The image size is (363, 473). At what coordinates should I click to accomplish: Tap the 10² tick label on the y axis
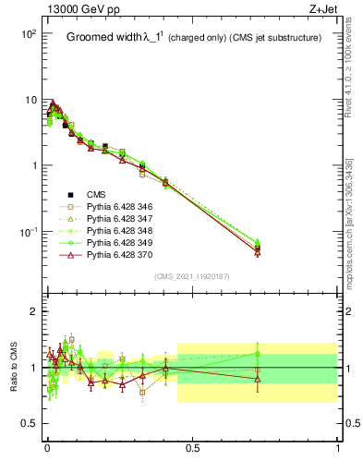point(26,33)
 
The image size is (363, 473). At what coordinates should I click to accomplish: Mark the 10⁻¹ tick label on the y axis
point(26,232)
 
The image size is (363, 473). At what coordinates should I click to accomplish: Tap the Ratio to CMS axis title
point(12,368)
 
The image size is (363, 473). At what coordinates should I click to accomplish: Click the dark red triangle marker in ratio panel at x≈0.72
point(258,379)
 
